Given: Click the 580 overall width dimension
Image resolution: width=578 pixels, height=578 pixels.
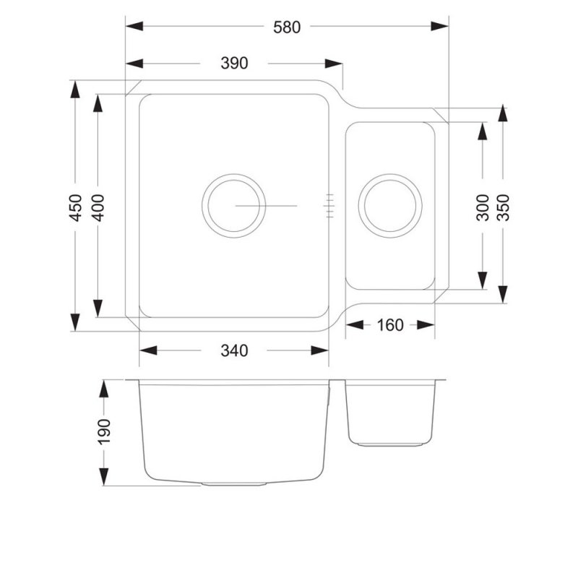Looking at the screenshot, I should (286, 27).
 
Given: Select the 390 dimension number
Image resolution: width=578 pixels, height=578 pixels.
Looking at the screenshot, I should (233, 64).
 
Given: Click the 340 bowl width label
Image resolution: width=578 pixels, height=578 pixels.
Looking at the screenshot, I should (233, 350).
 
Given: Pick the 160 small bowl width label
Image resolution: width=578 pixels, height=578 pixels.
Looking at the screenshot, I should (390, 325).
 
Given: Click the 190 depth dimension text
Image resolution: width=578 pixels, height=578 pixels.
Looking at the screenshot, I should (104, 431).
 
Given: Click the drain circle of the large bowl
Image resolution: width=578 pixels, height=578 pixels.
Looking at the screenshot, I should (233, 205).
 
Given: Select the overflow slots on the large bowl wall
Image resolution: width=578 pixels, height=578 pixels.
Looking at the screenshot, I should (330, 205).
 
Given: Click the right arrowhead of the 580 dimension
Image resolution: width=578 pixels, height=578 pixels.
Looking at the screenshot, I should (440, 27).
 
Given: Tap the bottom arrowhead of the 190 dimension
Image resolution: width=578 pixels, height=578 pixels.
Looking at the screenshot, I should (104, 476).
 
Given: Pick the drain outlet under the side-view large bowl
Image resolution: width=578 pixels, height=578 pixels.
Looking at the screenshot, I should (233, 483).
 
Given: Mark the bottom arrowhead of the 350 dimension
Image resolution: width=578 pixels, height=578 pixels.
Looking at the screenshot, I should (503, 293).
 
